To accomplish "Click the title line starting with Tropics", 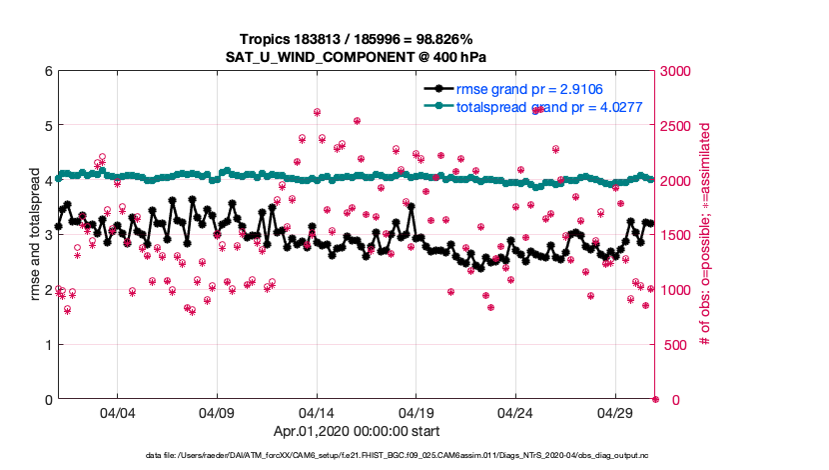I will [356, 37].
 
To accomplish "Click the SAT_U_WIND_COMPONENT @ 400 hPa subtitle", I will [356, 55].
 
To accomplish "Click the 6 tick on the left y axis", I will [48, 72].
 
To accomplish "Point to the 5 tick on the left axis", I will [48, 127].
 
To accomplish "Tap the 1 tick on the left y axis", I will [48, 345].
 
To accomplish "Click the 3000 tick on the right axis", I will [677, 72].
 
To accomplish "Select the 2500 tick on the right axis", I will [677, 127].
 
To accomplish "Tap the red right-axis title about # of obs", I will [705, 236].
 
